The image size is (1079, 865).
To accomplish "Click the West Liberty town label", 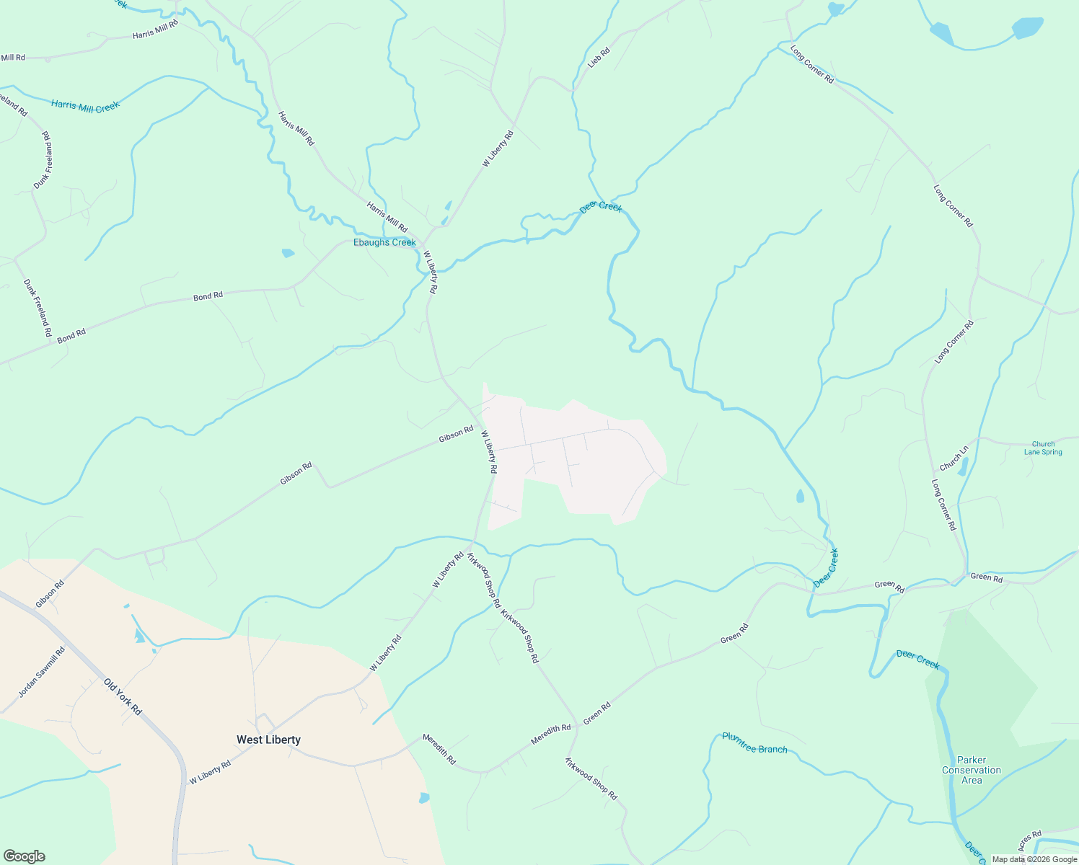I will (x=268, y=740).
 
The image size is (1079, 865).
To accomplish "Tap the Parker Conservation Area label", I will (x=972, y=770).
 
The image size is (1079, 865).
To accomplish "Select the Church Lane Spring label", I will (x=1043, y=448).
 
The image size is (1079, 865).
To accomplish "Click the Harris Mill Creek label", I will (x=85, y=106).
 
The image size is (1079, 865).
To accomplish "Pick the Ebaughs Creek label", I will (x=384, y=242).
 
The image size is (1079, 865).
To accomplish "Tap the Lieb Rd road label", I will (x=599, y=57).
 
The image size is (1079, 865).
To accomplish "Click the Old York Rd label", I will (x=123, y=696).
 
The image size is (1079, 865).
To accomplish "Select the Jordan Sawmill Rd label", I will (x=41, y=673).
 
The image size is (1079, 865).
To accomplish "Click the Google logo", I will (x=24, y=856).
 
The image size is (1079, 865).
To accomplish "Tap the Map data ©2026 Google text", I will (x=1034, y=859).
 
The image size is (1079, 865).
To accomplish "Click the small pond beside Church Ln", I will (x=962, y=467).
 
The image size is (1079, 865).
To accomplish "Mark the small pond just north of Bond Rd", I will (x=288, y=253).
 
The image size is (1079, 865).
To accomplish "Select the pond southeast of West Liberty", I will (x=423, y=798).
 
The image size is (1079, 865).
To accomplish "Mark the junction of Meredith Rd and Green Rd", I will (x=577, y=727).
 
